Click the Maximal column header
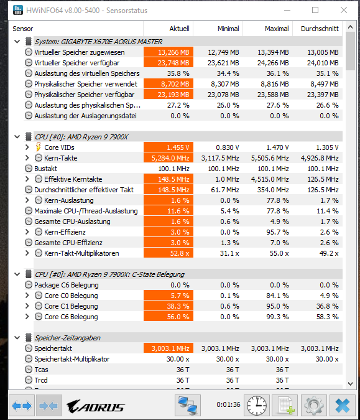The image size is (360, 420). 277,29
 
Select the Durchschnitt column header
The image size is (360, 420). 320,29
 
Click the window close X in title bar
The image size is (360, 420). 344,10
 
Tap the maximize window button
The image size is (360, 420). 315,10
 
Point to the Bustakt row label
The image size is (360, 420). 45,169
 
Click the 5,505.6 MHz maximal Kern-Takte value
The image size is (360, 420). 270,158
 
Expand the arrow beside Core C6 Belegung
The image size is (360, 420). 27,317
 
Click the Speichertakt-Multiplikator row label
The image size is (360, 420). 72,359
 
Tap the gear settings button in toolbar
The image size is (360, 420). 314,404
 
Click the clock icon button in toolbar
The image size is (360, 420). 257,404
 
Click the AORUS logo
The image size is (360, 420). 95,406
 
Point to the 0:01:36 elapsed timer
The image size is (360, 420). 228,404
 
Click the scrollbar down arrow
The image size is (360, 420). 351,384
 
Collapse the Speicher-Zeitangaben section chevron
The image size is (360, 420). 17,338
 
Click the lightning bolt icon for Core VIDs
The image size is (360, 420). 39,147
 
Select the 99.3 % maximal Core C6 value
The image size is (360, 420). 277,317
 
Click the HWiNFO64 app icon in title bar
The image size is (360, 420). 18,10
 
